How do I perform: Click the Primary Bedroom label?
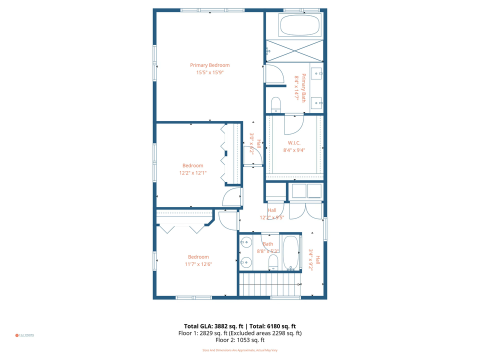[x=209, y=65]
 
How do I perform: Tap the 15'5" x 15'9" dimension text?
[x=209, y=72]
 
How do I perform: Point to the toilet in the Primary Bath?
[x=275, y=104]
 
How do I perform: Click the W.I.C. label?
[x=294, y=142]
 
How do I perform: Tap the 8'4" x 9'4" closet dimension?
[x=294, y=149]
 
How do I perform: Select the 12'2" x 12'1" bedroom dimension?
[x=193, y=173]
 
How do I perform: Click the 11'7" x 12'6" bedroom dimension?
[x=198, y=264]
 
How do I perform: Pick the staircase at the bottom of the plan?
[x=270, y=285]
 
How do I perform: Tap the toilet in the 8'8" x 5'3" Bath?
[x=273, y=261]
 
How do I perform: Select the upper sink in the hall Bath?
[x=245, y=243]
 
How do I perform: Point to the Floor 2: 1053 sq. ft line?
[x=240, y=340]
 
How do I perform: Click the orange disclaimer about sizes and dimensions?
[x=240, y=350]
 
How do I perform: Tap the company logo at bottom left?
[x=24, y=335]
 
